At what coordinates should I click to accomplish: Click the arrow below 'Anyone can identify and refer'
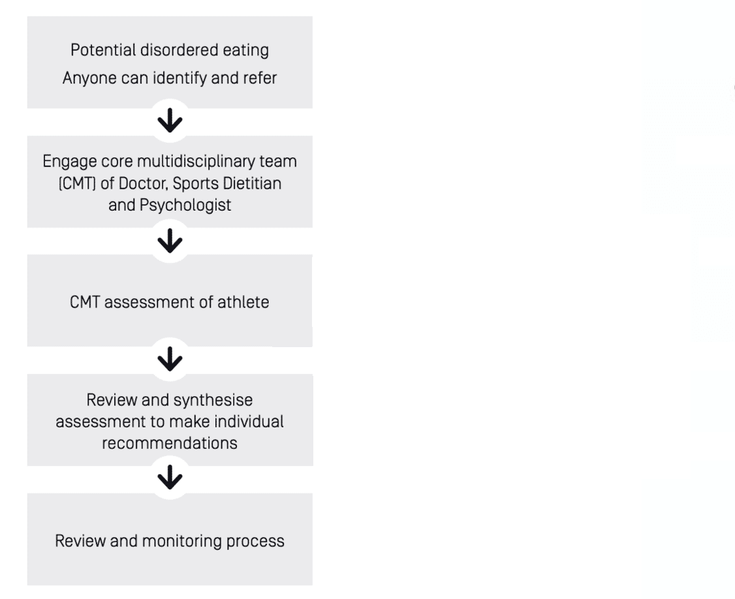pos(170,121)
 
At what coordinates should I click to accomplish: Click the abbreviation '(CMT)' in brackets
pos(77,183)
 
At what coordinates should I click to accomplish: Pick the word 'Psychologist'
pos(185,206)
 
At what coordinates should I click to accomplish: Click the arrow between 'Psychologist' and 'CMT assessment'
pos(170,241)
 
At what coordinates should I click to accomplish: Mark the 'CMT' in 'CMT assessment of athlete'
pos(85,302)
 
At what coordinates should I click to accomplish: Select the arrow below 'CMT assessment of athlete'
pos(170,360)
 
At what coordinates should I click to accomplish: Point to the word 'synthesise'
pos(213,400)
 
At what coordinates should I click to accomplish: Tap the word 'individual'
pos(249,422)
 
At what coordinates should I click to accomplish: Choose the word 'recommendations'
pos(170,443)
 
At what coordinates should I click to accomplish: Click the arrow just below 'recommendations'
pos(170,478)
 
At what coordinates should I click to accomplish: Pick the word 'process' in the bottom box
pos(255,542)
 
